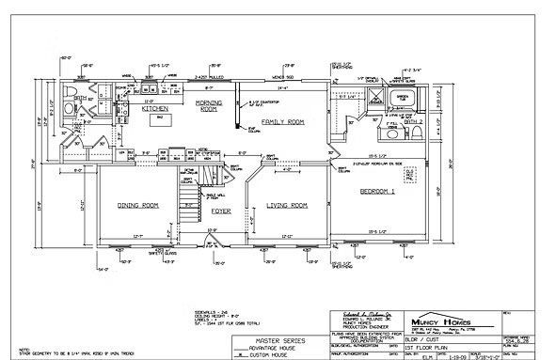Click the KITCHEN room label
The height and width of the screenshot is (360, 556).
click(x=155, y=109)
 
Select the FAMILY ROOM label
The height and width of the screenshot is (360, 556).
click(x=283, y=122)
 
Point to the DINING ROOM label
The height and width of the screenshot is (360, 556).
click(x=137, y=204)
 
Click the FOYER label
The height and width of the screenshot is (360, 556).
click(x=221, y=211)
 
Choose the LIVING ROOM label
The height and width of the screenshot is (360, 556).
click(x=287, y=204)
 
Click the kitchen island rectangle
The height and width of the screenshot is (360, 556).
click(x=159, y=119)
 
